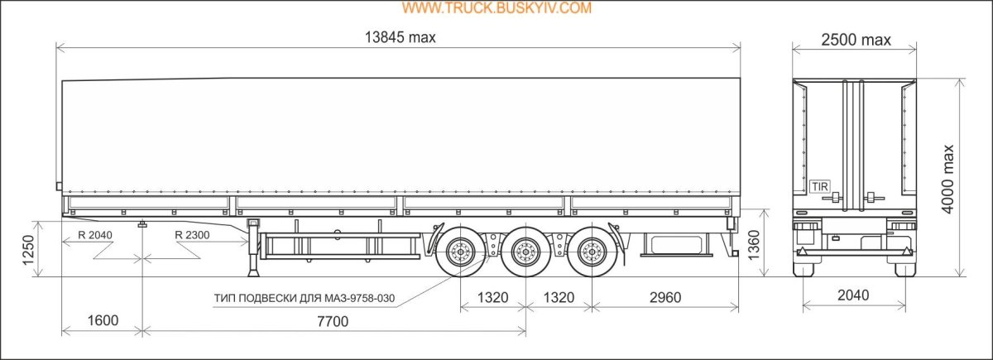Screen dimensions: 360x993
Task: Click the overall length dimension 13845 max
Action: click(400, 38)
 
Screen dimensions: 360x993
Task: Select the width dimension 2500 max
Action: click(856, 40)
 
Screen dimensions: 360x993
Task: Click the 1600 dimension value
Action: click(102, 321)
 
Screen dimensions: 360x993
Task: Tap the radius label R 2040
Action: click(95, 235)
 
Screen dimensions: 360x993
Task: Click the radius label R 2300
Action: click(193, 235)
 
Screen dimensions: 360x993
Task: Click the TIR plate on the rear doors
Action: click(819, 186)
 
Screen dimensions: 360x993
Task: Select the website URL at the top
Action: click(496, 8)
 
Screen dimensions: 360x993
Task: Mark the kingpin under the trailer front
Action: click(143, 223)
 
